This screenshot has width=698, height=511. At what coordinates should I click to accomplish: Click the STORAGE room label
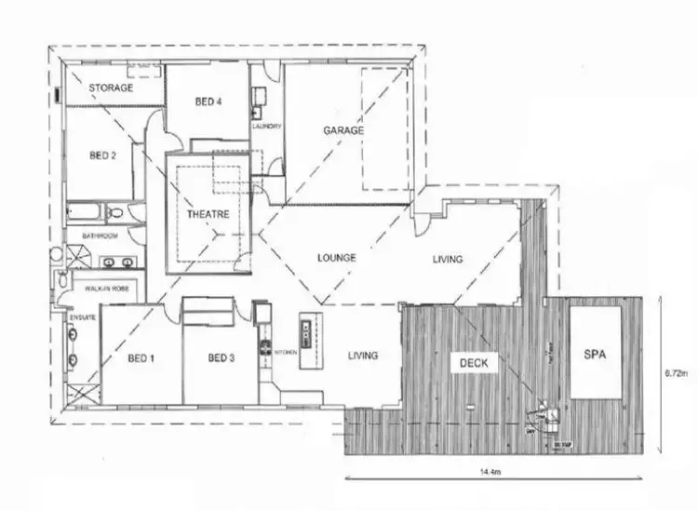(111, 88)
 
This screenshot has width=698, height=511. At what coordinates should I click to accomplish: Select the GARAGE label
(342, 130)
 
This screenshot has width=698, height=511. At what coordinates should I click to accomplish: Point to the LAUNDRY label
(266, 126)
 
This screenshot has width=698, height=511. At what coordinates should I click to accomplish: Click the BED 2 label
(101, 156)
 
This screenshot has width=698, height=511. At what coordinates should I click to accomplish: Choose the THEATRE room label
(207, 214)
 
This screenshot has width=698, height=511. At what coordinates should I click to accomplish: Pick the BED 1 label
(141, 358)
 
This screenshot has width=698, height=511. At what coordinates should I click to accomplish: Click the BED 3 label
(221, 358)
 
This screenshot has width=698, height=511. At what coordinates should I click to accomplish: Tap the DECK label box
(474, 362)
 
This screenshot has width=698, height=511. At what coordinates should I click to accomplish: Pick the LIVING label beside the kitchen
(363, 356)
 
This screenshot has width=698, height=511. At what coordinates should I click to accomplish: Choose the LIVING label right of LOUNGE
(447, 259)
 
